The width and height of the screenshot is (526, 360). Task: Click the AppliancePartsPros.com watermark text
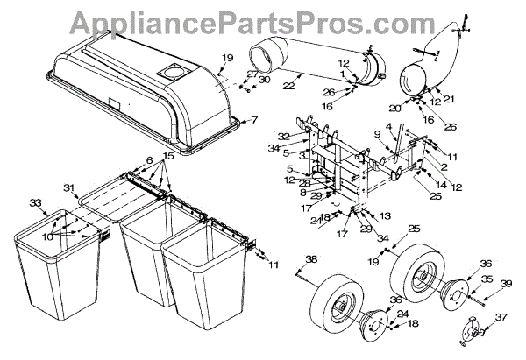pos(263,20)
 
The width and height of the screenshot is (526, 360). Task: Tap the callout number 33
pos(35,203)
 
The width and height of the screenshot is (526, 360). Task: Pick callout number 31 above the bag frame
pos(71,187)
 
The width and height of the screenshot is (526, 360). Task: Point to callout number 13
pos(384,215)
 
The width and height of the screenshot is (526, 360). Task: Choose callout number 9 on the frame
pos(377,135)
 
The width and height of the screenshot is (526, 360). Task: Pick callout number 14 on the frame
pos(442,187)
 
